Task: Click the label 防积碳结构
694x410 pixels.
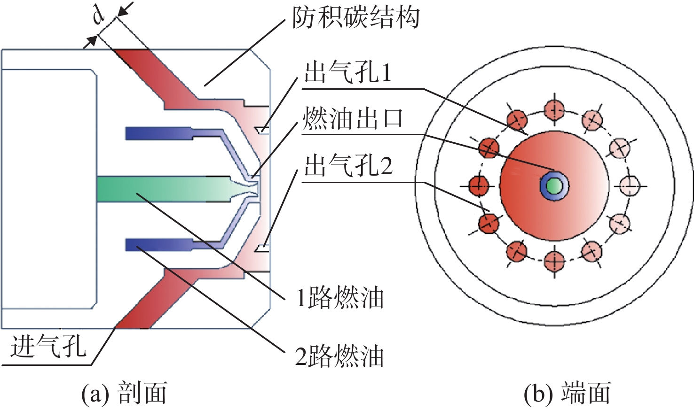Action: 356,18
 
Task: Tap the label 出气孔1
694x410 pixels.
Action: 347,73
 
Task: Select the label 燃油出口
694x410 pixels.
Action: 352,119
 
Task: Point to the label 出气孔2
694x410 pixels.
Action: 348,166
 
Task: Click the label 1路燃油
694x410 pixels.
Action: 340,298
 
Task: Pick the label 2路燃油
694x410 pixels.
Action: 339,356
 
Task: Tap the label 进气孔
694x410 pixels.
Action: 48,346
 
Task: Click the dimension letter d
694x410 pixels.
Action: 99,16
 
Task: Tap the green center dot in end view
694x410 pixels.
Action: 554,186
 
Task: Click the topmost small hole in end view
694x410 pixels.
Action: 554,110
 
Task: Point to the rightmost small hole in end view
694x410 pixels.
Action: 630,186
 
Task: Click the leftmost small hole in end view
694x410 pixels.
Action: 479,186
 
